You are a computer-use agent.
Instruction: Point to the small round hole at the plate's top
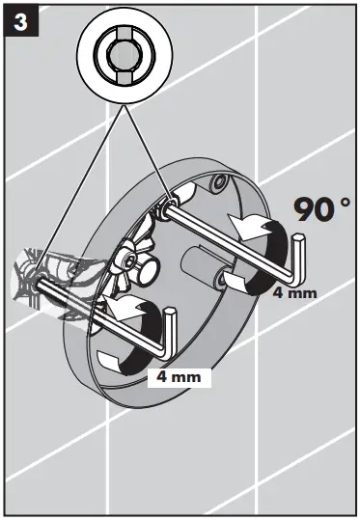[x=222, y=180]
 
